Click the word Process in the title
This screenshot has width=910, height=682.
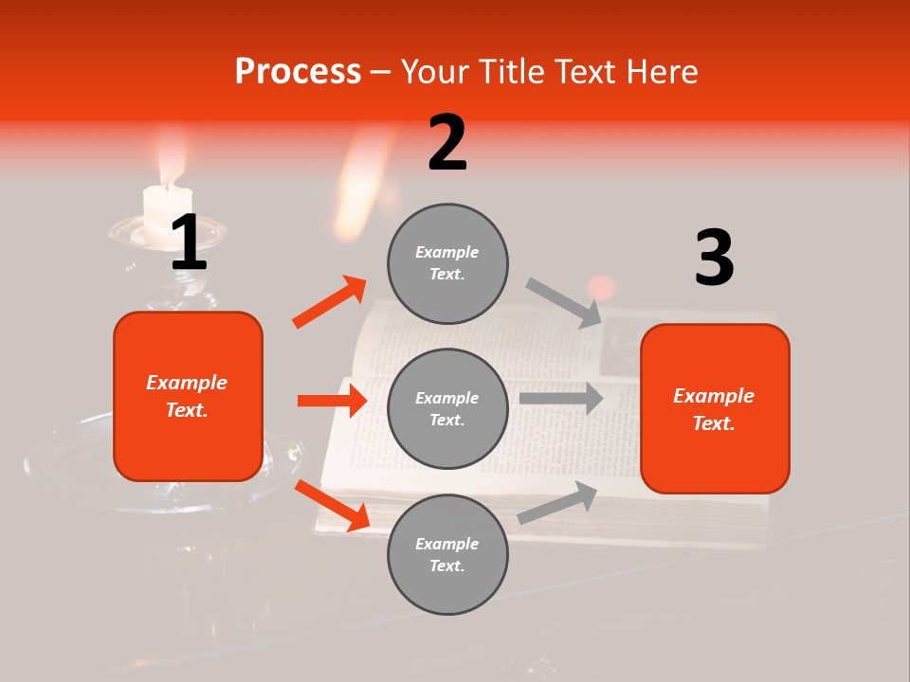click(x=298, y=71)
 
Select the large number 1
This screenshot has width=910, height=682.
click(x=189, y=243)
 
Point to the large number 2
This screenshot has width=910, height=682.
click(x=447, y=143)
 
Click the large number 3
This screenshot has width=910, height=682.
click(x=714, y=258)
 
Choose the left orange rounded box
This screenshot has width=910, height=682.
click(x=188, y=396)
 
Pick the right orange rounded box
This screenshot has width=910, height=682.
click(x=715, y=409)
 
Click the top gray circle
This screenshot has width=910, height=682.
click(x=447, y=263)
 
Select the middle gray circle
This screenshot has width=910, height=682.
click(x=447, y=408)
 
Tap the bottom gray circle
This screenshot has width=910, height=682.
click(x=447, y=554)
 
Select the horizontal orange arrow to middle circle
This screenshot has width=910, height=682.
click(x=332, y=400)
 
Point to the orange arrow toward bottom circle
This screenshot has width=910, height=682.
click(x=332, y=504)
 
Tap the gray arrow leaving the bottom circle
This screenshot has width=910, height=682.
click(x=557, y=502)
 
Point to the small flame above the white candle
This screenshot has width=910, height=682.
click(x=171, y=156)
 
